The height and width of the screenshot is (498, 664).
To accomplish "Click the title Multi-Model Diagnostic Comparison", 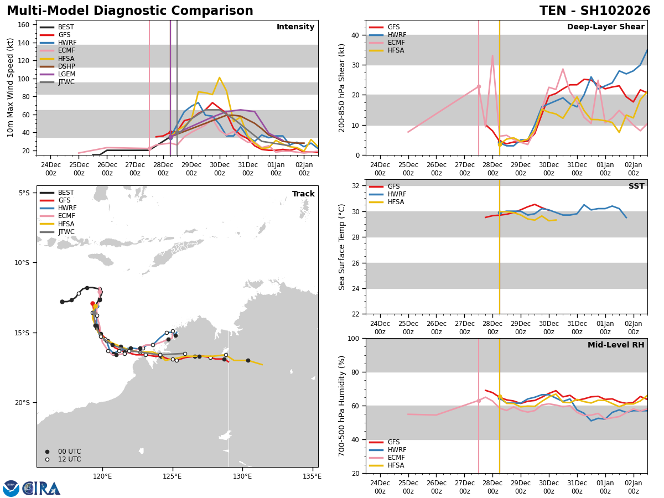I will (x=130, y=11).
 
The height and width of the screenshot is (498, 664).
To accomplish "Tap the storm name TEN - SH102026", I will (x=595, y=11).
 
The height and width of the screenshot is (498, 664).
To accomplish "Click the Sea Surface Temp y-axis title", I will (x=343, y=247).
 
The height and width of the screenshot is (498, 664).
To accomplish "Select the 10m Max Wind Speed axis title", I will (x=11, y=87).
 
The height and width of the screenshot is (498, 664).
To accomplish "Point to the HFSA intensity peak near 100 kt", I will (x=219, y=77).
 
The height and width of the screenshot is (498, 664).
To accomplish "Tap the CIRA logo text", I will (x=41, y=489).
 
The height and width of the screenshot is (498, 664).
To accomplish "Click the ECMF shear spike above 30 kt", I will (x=492, y=55).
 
